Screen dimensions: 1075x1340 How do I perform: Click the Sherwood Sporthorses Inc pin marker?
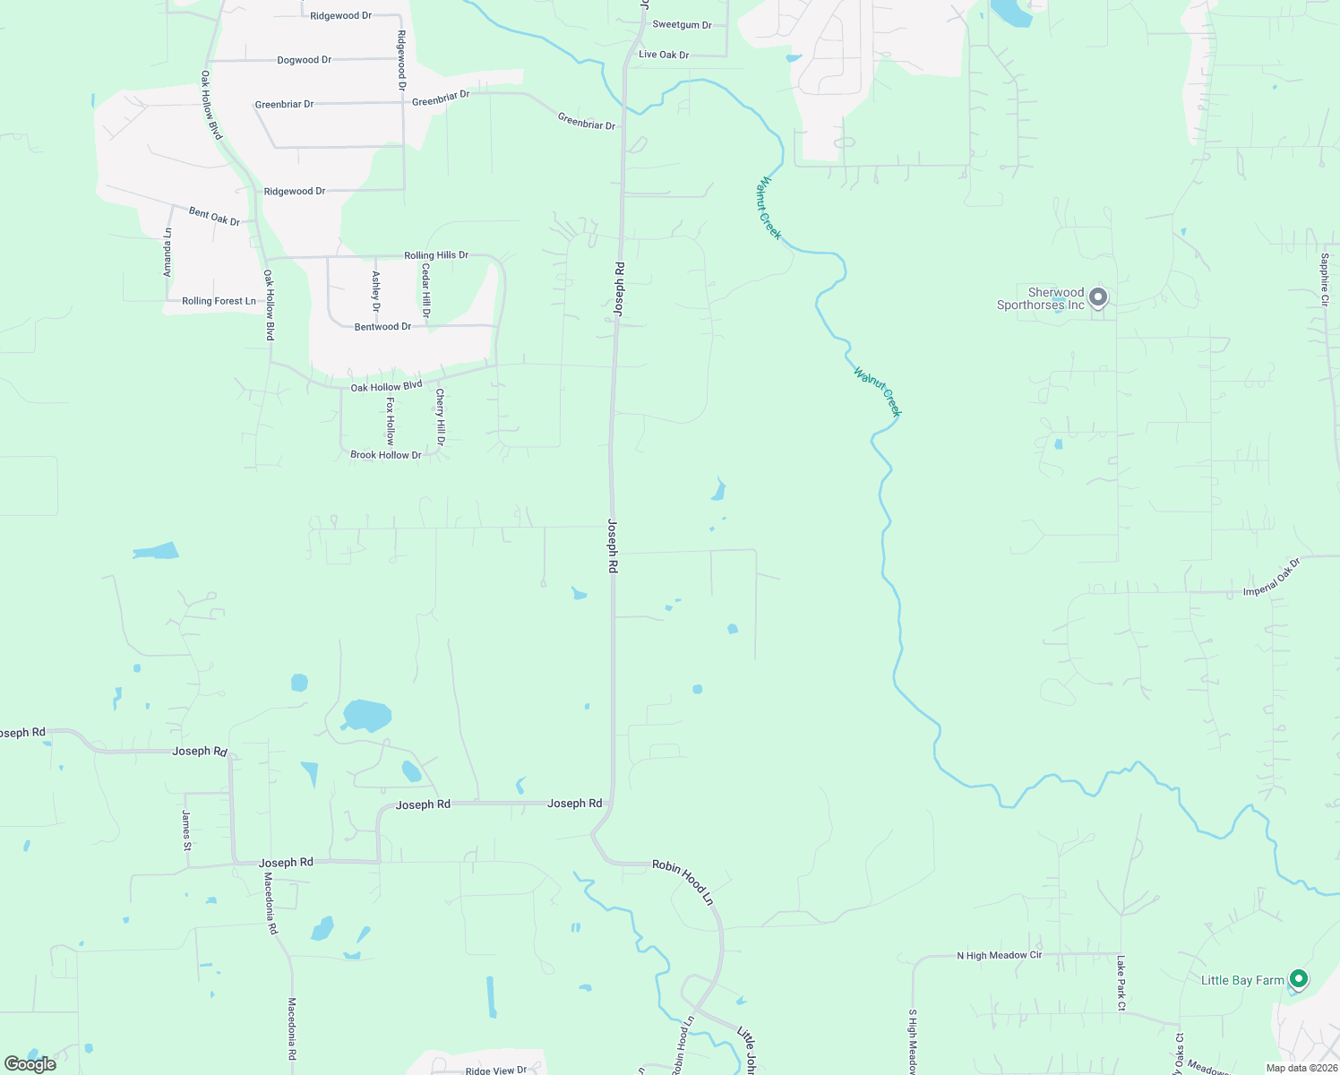[x=1098, y=297]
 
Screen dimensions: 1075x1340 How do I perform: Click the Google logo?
[x=30, y=1063]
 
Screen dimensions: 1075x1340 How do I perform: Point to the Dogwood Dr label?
[x=305, y=60]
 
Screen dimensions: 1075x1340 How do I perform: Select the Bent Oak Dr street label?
[x=214, y=216]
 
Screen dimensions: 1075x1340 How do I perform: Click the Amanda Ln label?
[x=167, y=252]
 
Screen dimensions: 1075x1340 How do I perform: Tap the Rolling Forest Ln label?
[x=219, y=301]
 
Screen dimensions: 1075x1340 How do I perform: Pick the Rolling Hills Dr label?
[x=436, y=255]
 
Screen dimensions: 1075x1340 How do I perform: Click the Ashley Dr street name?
[x=376, y=291]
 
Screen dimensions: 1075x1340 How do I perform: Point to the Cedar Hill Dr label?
[x=426, y=291]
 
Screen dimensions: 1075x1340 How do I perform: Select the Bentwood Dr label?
[x=382, y=327]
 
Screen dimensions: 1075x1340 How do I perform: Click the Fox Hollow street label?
[x=391, y=421]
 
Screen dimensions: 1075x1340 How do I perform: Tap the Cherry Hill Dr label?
[x=441, y=417]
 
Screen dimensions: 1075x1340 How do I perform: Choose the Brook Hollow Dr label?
[x=385, y=455]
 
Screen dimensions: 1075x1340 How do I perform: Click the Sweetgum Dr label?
[x=682, y=25]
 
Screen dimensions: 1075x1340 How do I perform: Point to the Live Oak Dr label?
[x=664, y=55]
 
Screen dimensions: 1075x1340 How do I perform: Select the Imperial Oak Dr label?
[x=1271, y=580]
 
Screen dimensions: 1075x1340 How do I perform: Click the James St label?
[x=186, y=830]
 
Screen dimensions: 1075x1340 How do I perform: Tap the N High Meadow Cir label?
[x=999, y=956]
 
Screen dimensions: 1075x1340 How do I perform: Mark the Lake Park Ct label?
[x=1121, y=983]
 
